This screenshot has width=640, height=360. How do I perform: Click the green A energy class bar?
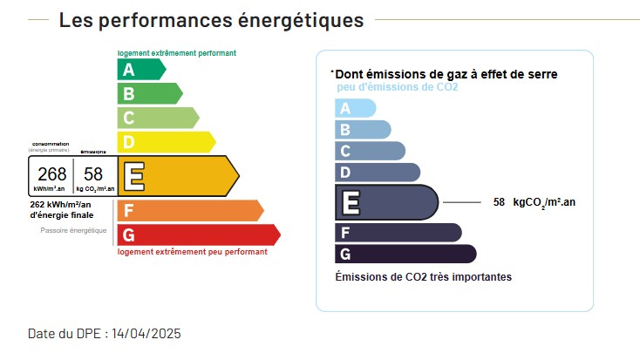(140, 70)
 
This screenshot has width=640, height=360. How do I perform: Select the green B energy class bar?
(148, 93)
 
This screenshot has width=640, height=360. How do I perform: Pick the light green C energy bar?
(157, 118)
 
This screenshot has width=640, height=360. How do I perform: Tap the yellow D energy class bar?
(165, 141)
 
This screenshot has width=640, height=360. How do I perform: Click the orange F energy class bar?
(188, 210)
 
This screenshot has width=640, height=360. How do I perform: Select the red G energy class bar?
(197, 234)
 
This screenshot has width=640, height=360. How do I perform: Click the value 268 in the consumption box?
(51, 173)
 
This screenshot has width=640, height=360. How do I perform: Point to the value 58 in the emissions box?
(93, 173)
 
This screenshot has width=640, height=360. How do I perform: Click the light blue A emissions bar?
(355, 108)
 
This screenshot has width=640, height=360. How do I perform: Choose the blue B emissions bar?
(363, 129)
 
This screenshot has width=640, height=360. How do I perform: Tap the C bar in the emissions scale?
(370, 151)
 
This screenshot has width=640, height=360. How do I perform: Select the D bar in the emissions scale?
(377, 173)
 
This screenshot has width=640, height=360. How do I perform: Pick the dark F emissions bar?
(398, 233)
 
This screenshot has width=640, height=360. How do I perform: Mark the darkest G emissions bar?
(405, 254)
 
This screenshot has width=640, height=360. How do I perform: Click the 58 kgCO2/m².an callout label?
(534, 202)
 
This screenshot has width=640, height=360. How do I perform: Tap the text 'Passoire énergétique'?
(73, 230)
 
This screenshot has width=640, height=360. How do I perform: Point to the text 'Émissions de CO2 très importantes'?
(423, 277)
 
